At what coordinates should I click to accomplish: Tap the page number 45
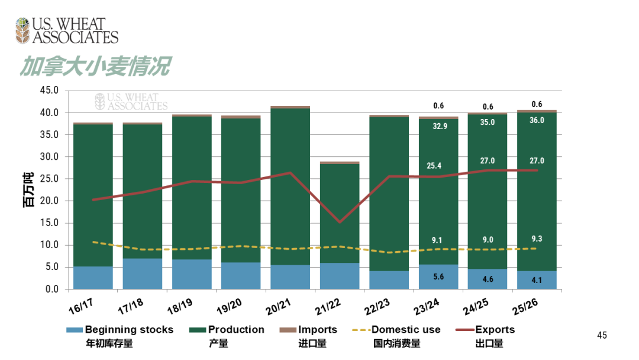[602, 336]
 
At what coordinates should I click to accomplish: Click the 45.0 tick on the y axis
[49, 91]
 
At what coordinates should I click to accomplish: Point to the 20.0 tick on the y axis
[49, 201]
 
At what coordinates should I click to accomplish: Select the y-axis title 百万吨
[28, 189]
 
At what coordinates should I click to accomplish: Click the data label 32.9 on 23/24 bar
[438, 126]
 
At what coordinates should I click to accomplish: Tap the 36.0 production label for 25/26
[537, 120]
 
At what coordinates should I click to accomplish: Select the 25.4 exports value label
[438, 166]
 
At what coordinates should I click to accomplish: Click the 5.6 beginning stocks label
[438, 277]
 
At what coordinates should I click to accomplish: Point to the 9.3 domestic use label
[537, 239]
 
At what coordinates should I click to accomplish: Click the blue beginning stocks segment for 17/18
[142, 274]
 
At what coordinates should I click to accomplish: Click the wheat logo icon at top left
[22, 31]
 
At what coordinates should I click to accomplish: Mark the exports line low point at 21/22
[339, 222]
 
